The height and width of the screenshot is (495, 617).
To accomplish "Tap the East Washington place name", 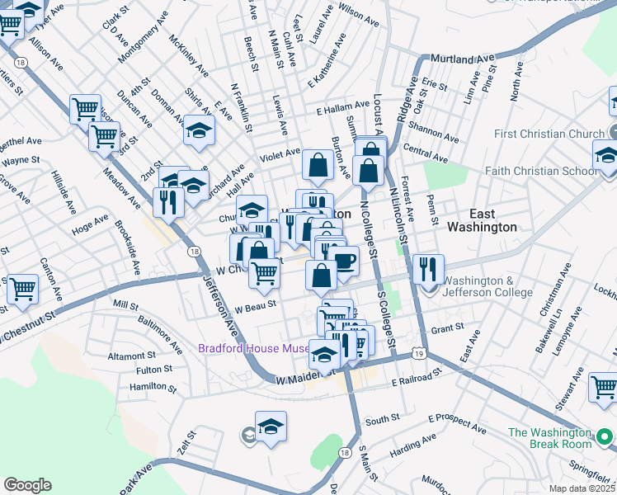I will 482,219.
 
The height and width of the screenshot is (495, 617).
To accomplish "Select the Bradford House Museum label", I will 253,348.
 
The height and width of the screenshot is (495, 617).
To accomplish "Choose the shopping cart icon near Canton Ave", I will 21,290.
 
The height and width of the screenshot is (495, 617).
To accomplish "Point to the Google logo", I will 28,484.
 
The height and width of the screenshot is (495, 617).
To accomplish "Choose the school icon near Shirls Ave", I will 198,131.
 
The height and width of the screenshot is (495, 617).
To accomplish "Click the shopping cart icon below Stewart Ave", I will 604,387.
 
